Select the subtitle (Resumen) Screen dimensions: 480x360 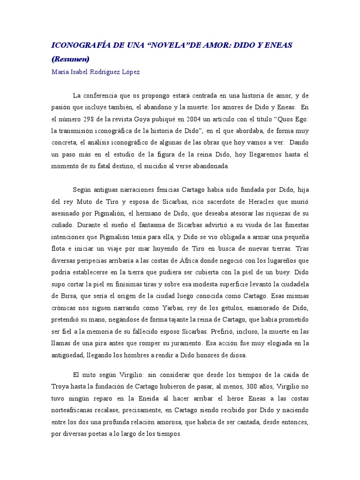click(x=70, y=59)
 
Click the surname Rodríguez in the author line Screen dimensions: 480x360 click(x=105, y=72)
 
